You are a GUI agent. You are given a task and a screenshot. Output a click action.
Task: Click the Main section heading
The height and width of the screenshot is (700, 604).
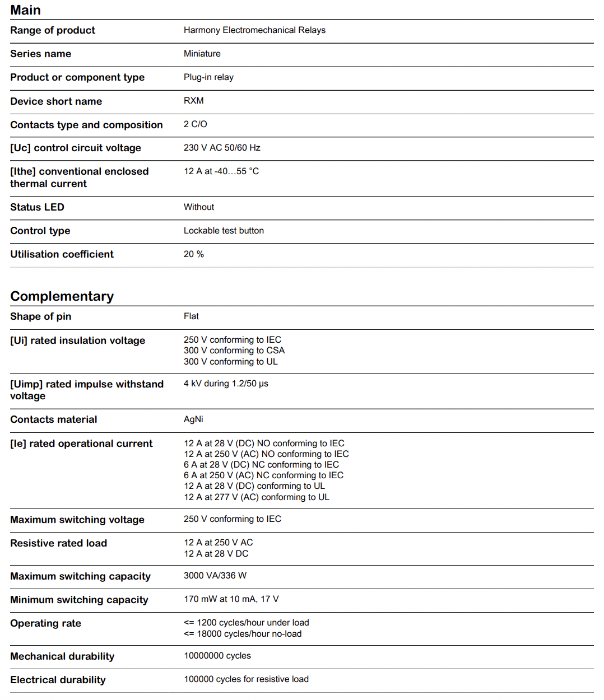(25, 10)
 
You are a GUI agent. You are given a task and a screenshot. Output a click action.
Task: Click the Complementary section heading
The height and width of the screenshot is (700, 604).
(62, 296)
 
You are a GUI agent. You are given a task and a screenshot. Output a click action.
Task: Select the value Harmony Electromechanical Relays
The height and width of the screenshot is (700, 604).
(254, 30)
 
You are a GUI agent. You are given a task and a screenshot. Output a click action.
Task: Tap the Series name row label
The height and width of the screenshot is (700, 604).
(40, 54)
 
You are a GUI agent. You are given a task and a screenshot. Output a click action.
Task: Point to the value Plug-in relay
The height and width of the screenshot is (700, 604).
(208, 77)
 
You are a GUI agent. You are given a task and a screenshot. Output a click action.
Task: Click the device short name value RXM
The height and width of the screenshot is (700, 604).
(193, 101)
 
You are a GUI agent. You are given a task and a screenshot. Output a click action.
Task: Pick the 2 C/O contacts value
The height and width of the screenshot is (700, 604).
(195, 124)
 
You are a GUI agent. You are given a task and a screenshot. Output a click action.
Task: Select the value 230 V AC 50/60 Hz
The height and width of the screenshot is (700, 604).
(222, 148)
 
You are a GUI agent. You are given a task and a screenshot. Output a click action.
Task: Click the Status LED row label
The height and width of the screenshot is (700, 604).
(37, 207)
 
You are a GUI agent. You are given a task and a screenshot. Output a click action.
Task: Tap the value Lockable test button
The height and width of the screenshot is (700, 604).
(224, 231)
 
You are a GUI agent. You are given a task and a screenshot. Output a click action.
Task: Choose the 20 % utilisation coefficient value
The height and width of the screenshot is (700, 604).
(193, 254)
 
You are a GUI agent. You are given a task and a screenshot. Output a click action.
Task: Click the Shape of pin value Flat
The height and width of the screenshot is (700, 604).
(191, 316)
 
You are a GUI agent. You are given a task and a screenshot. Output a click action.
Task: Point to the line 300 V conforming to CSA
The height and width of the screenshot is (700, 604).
(234, 351)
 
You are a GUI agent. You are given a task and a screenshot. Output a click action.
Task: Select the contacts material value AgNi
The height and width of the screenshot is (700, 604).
(193, 419)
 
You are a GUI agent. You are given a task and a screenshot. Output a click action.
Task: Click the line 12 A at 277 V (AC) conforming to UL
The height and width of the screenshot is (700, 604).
(257, 497)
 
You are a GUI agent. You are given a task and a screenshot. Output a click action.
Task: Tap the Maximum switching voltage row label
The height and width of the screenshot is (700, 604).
(77, 520)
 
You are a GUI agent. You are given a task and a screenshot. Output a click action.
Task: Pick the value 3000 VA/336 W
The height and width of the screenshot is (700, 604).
(215, 576)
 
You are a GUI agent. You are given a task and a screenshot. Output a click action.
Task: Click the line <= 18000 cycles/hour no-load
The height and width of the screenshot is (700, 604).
(243, 634)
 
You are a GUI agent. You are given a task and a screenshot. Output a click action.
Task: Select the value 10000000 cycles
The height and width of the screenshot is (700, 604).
(217, 656)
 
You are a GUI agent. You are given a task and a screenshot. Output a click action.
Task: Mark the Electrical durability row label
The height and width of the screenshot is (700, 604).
(58, 680)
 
